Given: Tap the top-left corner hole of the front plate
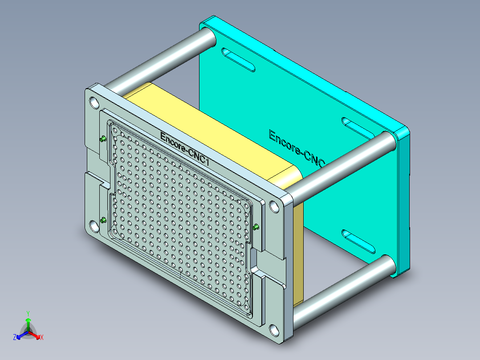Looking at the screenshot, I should pyautogui.click(x=94, y=103).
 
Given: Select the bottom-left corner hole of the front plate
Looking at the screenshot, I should pyautogui.click(x=94, y=226).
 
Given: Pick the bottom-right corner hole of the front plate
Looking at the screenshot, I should pyautogui.click(x=275, y=331).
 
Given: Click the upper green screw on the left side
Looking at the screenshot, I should pyautogui.click(x=103, y=139).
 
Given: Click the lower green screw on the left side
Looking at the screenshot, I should pyautogui.click(x=103, y=220).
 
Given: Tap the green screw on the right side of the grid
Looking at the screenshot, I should pyautogui.click(x=256, y=228).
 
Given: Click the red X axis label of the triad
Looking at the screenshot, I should pyautogui.click(x=42, y=338).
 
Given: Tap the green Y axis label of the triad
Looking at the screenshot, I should pyautogui.click(x=28, y=313).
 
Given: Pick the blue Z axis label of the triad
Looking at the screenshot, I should pyautogui.click(x=15, y=338).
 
